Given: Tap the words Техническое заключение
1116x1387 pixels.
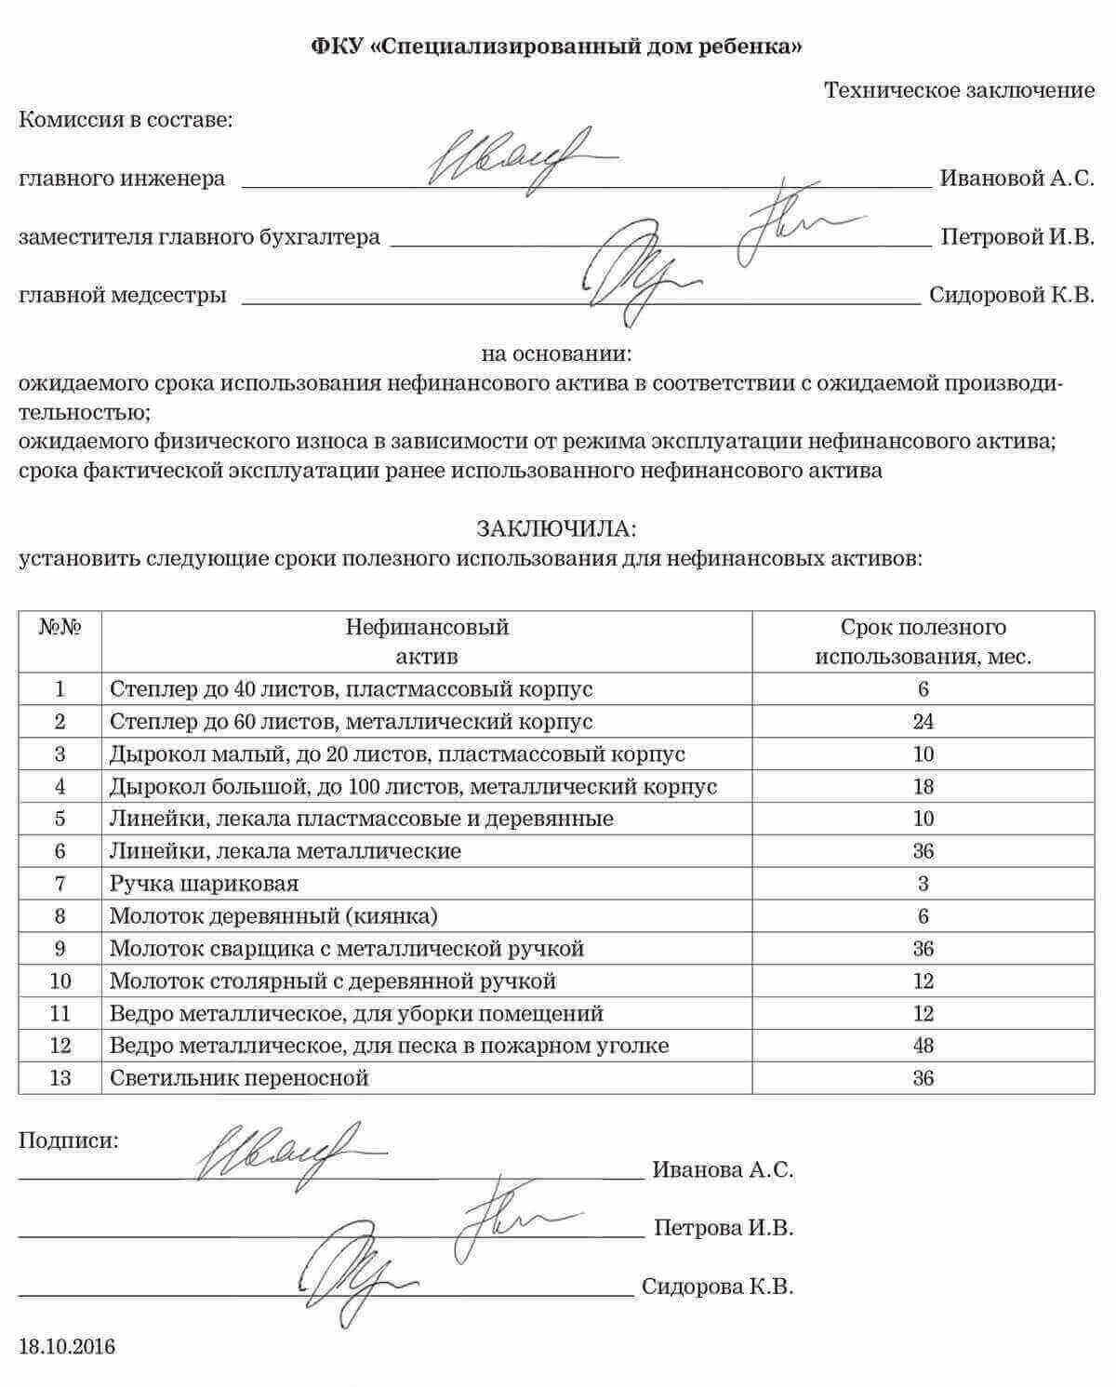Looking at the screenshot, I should (x=959, y=90).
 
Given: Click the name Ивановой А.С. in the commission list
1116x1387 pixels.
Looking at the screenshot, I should (x=1016, y=178).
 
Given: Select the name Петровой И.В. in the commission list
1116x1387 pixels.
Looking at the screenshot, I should (x=1016, y=237).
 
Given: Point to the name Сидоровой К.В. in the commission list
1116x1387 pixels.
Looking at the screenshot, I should (x=1011, y=296).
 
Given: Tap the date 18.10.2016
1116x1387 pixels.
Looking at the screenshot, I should (x=67, y=1346).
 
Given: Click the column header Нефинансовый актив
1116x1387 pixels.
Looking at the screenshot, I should (x=427, y=641).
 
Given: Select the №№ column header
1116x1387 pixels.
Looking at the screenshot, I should (x=60, y=627).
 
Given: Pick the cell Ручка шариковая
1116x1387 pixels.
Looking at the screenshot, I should (x=204, y=884).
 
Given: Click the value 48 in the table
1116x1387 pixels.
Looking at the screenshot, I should (x=923, y=1046).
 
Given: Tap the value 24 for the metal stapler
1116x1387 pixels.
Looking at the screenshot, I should (x=923, y=722).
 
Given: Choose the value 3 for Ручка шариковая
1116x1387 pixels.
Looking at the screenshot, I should (x=923, y=884).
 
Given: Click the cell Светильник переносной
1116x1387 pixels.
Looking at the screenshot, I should (x=239, y=1078).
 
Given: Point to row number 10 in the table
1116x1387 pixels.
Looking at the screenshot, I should (x=60, y=980).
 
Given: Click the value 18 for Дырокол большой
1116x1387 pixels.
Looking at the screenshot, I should (x=923, y=787).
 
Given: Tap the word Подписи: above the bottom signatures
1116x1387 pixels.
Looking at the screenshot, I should (x=69, y=1140).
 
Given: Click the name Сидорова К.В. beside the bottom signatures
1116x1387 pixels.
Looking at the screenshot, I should (x=717, y=1287).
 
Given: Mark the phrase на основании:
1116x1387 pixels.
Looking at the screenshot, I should (x=556, y=354).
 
